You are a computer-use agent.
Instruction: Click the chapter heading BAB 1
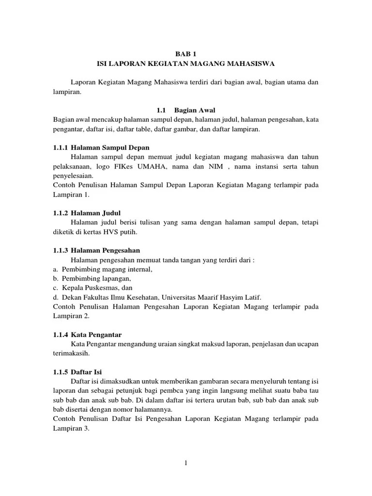tap(186, 54)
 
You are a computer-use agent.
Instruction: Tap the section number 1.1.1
tap(61, 147)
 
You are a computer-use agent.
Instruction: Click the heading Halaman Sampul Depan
tap(110, 147)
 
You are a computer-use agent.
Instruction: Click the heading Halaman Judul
tap(95, 213)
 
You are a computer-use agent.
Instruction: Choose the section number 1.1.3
tap(61, 250)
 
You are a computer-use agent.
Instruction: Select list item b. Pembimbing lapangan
tap(92, 279)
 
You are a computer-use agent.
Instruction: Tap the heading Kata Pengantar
tap(96, 335)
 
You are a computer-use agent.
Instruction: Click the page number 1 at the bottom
tap(186, 463)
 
